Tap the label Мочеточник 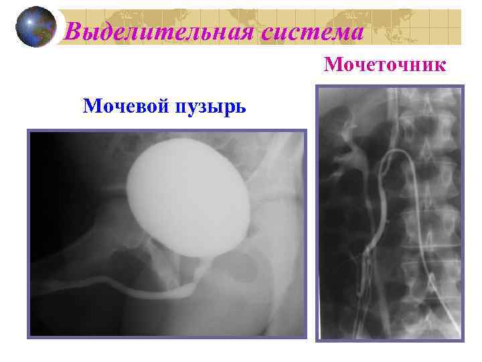(384, 65)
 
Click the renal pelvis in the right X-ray (351, 151)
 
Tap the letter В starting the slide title (76, 31)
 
